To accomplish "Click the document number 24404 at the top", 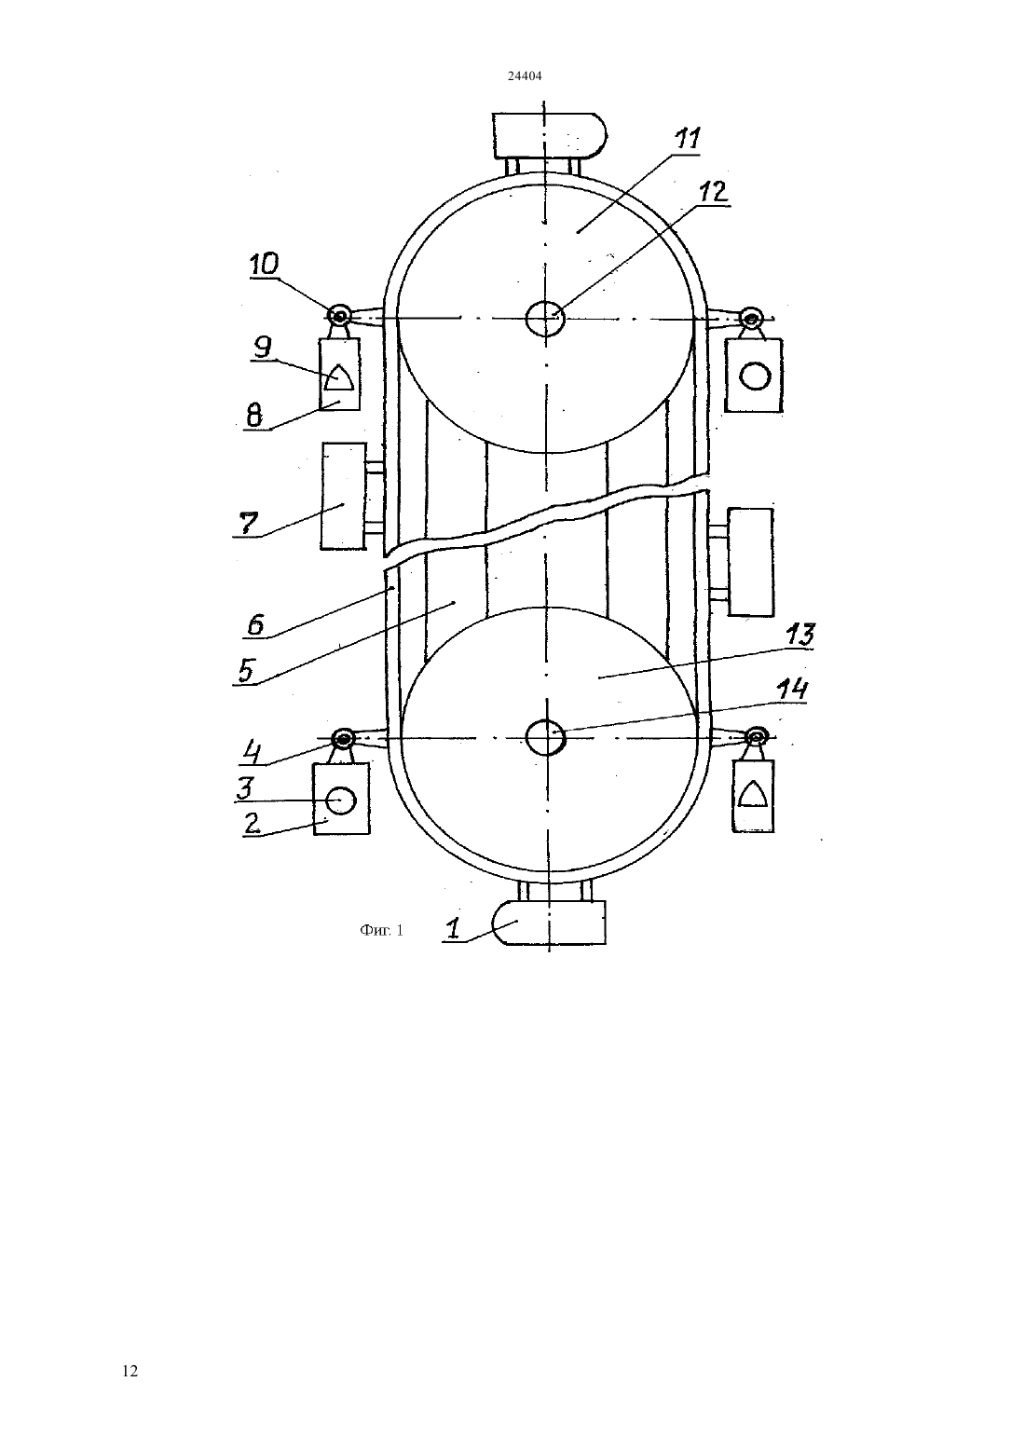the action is pyautogui.click(x=524, y=75).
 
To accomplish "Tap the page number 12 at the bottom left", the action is pyautogui.click(x=130, y=1371).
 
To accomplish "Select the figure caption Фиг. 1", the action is pyautogui.click(x=382, y=930).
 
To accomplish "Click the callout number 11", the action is pyautogui.click(x=688, y=139).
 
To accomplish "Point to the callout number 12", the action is pyautogui.click(x=713, y=192).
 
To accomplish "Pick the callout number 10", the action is pyautogui.click(x=265, y=264).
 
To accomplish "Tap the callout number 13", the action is pyautogui.click(x=799, y=635).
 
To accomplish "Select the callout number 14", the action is pyautogui.click(x=792, y=689).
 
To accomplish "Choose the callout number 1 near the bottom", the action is pyautogui.click(x=454, y=928).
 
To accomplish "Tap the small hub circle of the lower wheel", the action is pyautogui.click(x=546, y=737).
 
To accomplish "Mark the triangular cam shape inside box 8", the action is pyautogui.click(x=338, y=376).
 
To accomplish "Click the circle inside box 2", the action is pyautogui.click(x=341, y=800).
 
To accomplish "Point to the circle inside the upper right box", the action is pyautogui.click(x=755, y=376).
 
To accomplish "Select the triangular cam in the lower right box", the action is pyautogui.click(x=753, y=794).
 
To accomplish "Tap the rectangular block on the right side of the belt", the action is pyautogui.click(x=751, y=562).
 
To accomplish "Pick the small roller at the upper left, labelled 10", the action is pyautogui.click(x=340, y=317).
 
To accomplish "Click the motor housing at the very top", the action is pyautogui.click(x=550, y=135).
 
